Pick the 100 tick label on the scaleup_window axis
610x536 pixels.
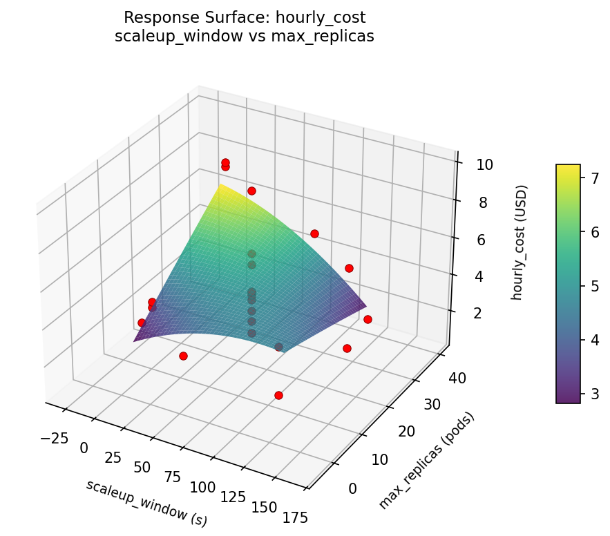pos(202,487)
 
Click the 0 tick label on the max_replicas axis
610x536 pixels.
pos(352,489)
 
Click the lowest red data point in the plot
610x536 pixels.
pos(278,396)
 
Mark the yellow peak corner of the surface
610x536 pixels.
pos(221,185)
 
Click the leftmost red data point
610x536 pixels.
pos(142,323)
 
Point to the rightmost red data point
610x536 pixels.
pos(368,319)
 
